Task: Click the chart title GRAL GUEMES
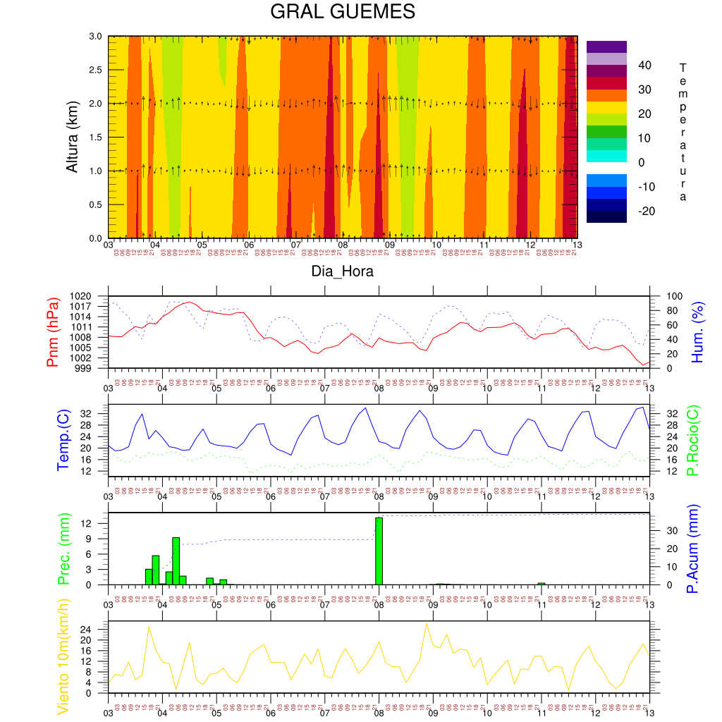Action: point(343,12)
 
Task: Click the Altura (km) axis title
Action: point(72,136)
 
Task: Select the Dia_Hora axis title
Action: point(343,271)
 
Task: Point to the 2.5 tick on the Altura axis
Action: point(94,70)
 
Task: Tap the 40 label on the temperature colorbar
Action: point(644,65)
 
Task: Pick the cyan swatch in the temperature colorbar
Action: point(606,156)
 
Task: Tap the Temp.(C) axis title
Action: point(63,441)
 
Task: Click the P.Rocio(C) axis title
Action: point(693,441)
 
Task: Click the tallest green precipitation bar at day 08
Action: point(379,551)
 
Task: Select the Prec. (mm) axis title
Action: point(63,549)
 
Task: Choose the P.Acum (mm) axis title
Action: point(693,549)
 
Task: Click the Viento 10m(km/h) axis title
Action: point(63,657)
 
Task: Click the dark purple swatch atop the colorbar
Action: point(606,47)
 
